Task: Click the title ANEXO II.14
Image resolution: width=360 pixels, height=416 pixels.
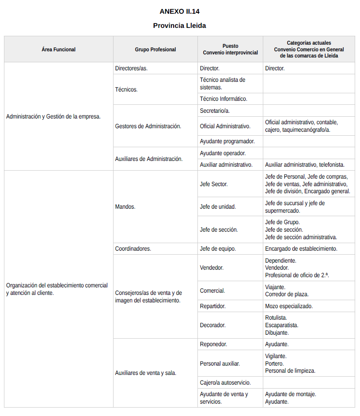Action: coord(179,11)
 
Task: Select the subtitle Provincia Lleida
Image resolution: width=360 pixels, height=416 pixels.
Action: coord(179,26)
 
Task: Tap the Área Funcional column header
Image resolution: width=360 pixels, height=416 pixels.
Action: coord(59,50)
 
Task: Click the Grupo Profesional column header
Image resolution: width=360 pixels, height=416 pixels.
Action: coord(155,50)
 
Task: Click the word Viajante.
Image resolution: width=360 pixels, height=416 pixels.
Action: coord(275,287)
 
